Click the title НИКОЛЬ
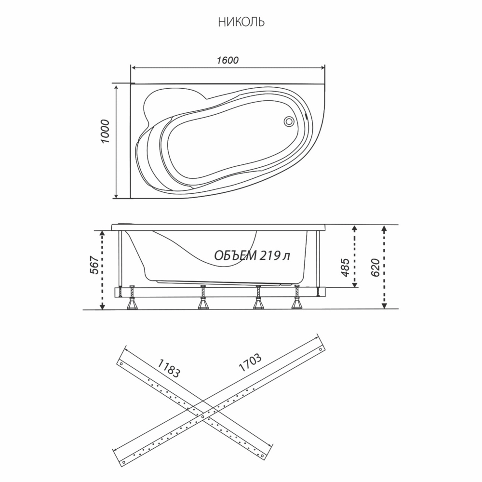tap(241, 23)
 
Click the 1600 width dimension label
tap(228, 60)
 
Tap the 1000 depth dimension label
tap(105, 131)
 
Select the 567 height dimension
tap(94, 265)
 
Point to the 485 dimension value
tap(345, 268)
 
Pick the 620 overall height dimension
tap(375, 268)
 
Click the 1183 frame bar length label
tap(168, 368)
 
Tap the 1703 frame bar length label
tap(250, 363)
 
